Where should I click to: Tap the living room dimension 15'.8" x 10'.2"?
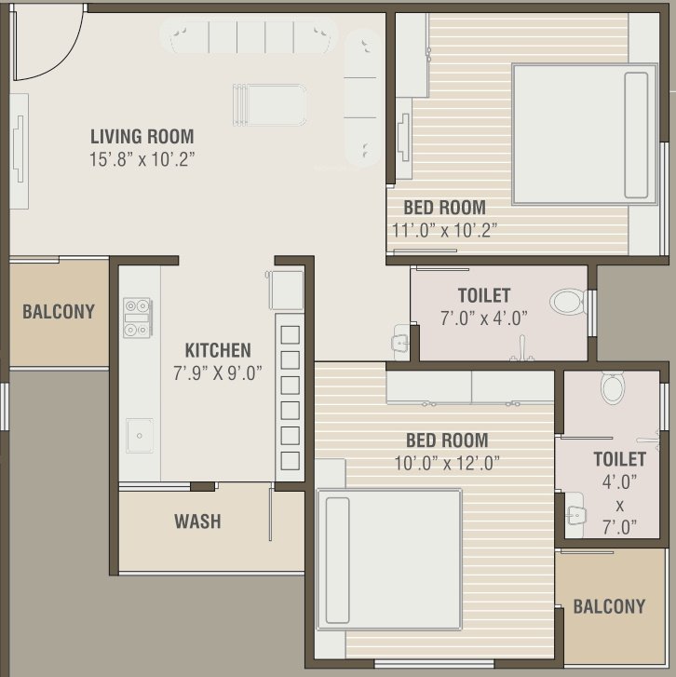142,159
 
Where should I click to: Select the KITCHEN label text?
217,350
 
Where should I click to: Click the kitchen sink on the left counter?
140,435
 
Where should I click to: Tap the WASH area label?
197,521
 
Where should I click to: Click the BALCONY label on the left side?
59,311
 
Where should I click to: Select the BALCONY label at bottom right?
609,606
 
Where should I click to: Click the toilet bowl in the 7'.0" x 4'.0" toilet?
565,302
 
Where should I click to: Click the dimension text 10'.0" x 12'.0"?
446,463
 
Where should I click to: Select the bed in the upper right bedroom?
584,133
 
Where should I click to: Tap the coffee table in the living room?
269,103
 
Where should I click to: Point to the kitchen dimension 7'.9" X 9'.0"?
217,372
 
